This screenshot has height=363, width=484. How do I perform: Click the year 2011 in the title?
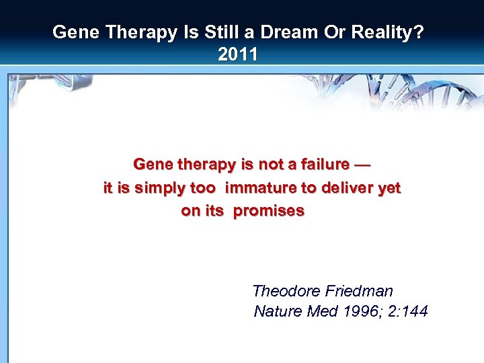click(238, 54)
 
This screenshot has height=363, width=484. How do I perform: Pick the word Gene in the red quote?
click(152, 165)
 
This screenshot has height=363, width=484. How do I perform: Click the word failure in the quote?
click(324, 165)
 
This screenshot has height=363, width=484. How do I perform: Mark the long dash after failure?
click(362, 165)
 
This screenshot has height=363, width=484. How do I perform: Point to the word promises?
click(268, 211)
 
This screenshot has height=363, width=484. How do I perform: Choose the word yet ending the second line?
click(389, 188)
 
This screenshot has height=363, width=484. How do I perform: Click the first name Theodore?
click(286, 291)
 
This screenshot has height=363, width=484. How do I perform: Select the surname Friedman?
click(359, 291)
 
